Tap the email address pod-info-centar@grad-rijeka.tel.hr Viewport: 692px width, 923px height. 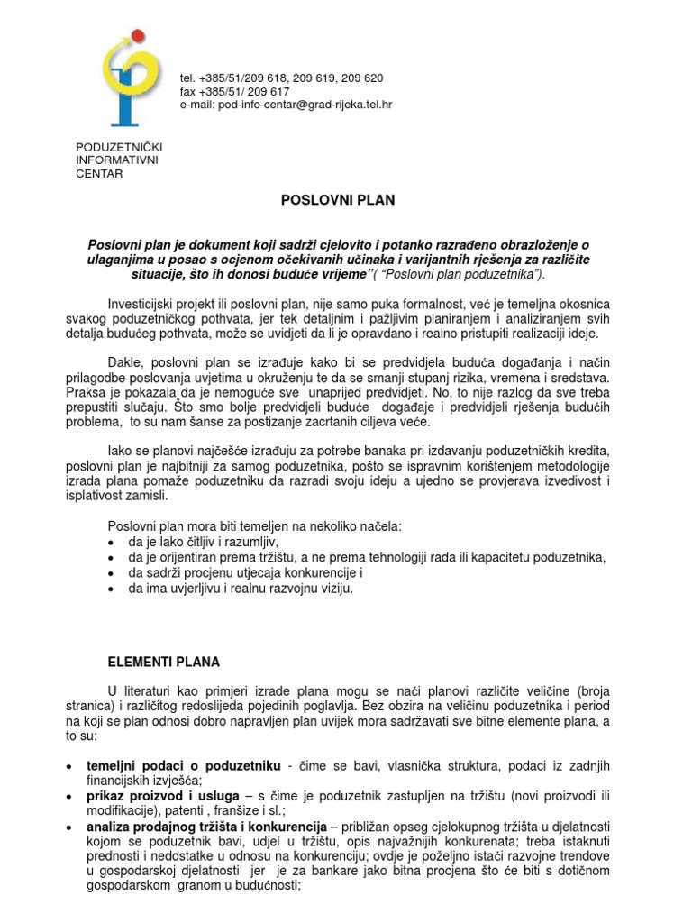tap(286, 105)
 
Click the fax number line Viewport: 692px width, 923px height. tap(235, 91)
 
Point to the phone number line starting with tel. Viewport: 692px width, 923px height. tap(281, 78)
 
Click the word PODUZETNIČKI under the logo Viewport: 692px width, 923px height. tap(119, 146)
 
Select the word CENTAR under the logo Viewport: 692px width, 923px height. tap(99, 174)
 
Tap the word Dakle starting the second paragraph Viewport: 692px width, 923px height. tap(125, 361)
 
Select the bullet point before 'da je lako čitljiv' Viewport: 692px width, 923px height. tap(110, 543)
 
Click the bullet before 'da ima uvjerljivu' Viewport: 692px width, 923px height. tap(110, 589)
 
